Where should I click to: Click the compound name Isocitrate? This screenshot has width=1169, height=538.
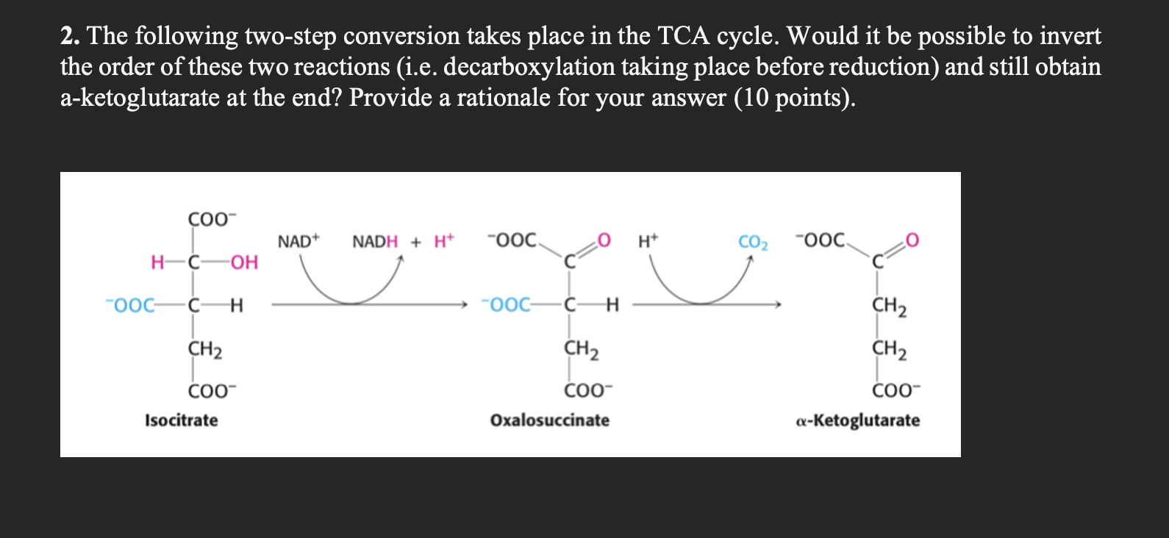[181, 420]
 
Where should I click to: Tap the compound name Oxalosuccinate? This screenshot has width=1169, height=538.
[549, 420]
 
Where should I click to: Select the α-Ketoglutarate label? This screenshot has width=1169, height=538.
[858, 420]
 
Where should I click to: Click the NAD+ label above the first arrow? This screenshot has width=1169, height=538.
[298, 242]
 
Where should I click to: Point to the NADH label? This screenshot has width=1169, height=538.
[375, 242]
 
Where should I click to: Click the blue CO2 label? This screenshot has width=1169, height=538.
[753, 243]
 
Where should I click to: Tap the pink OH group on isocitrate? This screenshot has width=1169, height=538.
[244, 262]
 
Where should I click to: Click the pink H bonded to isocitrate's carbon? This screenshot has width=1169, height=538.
[157, 262]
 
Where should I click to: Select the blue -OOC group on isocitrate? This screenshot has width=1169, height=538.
[130, 305]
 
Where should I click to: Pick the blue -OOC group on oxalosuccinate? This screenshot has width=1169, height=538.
[506, 304]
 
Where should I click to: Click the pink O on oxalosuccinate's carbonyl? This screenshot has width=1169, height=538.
[604, 240]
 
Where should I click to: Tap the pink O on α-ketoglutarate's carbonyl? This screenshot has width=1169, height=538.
[912, 240]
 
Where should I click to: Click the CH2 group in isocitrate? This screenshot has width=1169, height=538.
[205, 350]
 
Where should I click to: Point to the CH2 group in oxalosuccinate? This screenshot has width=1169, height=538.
[582, 350]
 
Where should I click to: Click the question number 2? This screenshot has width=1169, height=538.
[70, 37]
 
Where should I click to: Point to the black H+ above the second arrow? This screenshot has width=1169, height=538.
[648, 242]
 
